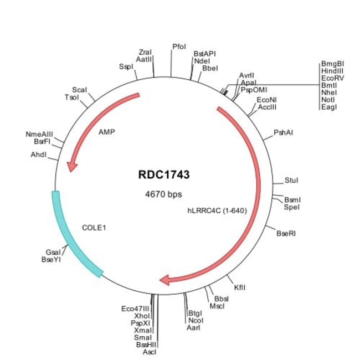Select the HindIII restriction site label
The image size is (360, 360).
point(332,71)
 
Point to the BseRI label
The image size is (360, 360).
point(286,233)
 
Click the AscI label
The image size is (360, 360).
point(150,352)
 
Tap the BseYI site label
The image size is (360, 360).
point(52,259)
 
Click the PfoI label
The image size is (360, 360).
point(178,47)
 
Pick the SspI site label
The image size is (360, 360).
point(126,66)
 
